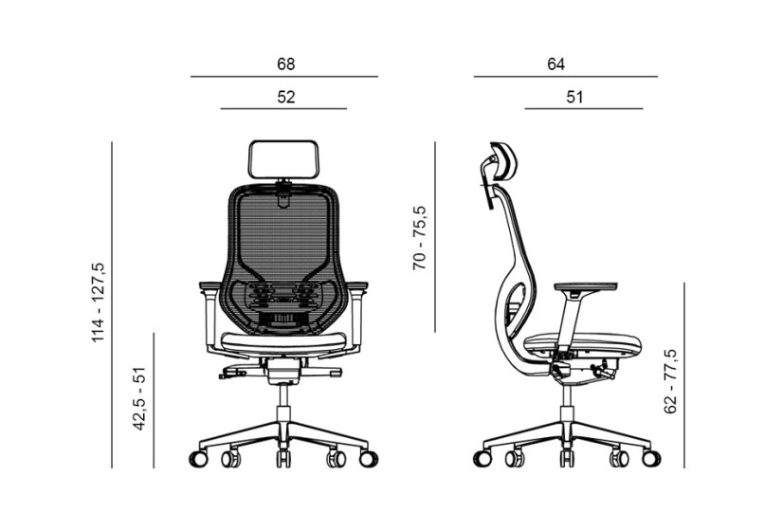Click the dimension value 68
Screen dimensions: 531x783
point(285,64)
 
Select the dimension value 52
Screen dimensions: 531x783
point(285,97)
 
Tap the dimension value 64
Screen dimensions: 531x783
point(555,64)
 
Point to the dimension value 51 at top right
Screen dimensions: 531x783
point(574,97)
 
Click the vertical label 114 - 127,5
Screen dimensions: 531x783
point(99,302)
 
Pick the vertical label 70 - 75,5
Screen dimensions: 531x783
point(420,238)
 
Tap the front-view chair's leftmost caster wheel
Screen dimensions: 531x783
point(200,459)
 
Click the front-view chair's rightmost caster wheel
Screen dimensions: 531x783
point(367,459)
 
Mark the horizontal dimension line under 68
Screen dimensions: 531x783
point(283,76)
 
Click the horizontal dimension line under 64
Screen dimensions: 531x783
point(565,76)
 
